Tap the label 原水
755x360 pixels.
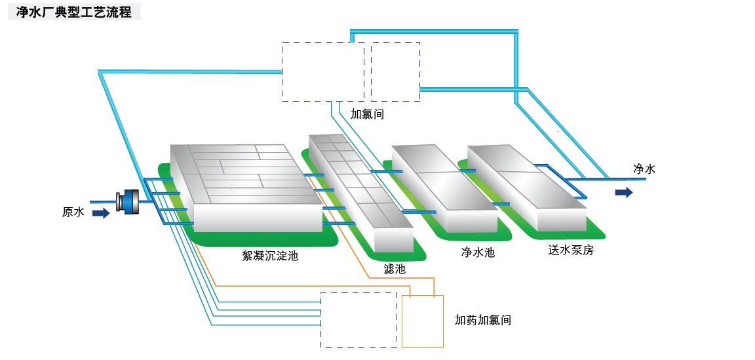coord(73,212)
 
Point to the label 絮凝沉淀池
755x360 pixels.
coord(270,256)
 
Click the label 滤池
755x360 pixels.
coord(395,269)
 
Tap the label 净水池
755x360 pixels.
coord(478,252)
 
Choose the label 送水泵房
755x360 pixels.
coord(571,250)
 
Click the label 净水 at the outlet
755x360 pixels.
coord(644,169)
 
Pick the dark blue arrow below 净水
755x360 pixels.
coord(624,192)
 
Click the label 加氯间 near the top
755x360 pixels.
coord(367,114)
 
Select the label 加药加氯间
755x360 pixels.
coord(482,320)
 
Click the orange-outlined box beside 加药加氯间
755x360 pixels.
coord(422,321)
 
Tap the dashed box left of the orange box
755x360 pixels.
coord(358,319)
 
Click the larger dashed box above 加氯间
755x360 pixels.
coord(322,71)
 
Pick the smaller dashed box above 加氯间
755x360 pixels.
coord(395,71)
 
